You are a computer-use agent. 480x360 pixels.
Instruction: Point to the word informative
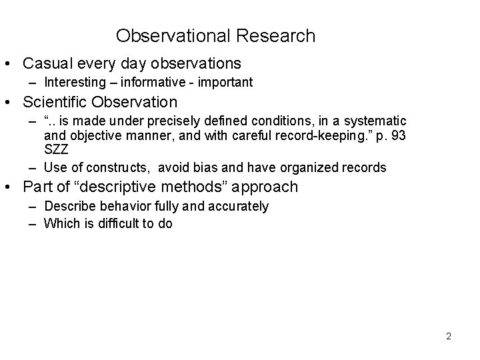pos(145,83)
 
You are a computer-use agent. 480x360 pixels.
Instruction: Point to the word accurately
pos(239,206)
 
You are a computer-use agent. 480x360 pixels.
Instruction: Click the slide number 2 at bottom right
pos(449,336)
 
